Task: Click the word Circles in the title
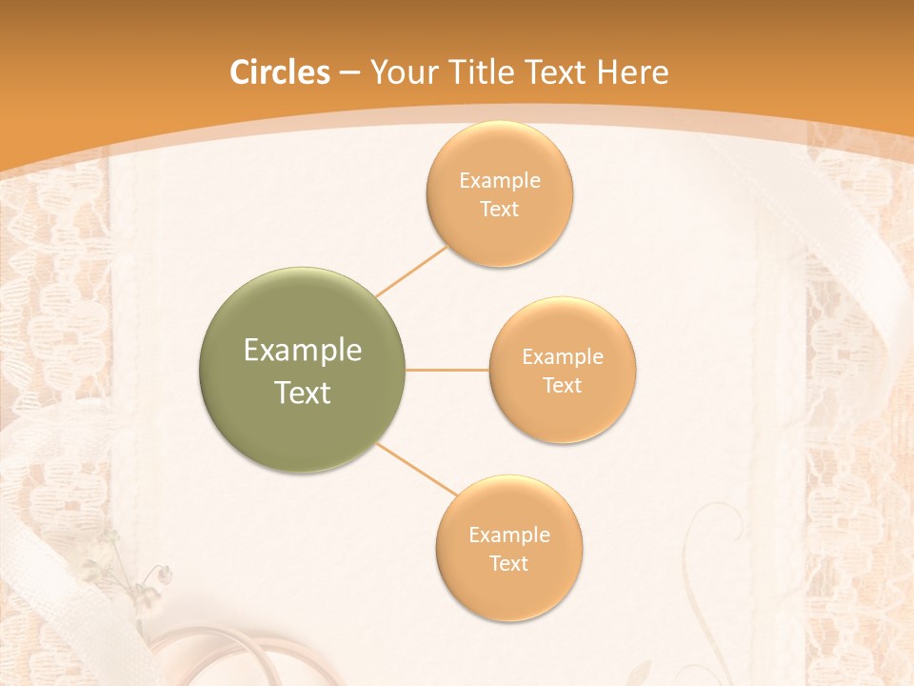pos(279,72)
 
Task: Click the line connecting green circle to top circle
pos(411,270)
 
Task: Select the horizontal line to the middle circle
pos(447,370)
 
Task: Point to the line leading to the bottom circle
pos(417,469)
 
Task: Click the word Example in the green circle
pos(303,351)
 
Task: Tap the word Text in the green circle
pos(303,393)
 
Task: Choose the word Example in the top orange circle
pos(500,181)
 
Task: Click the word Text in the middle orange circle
pos(563,385)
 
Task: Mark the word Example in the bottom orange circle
pos(509,535)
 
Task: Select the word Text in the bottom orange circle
pos(509,563)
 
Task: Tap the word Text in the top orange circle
pos(500,209)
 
